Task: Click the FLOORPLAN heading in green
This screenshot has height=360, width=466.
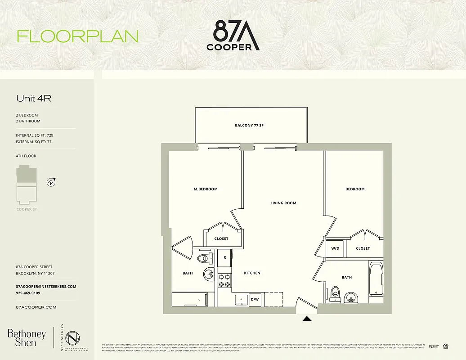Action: (77, 36)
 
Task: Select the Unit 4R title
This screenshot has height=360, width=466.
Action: (34, 98)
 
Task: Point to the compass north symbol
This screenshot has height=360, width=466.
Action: (52, 182)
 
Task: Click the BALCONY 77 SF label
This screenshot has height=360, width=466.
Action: (249, 125)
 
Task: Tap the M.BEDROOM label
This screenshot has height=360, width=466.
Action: (205, 189)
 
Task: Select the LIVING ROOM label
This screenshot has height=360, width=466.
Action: (283, 203)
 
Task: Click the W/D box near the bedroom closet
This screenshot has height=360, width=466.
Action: (335, 248)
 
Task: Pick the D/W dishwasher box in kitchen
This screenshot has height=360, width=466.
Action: (255, 299)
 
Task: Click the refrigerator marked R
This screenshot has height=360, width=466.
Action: (224, 258)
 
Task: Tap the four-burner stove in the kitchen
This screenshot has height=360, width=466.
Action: (224, 280)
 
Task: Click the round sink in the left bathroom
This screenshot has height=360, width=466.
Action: (209, 274)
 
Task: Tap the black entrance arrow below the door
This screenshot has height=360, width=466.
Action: (307, 319)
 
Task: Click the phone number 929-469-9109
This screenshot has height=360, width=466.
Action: (28, 293)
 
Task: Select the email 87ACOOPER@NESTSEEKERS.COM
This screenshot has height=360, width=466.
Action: (45, 287)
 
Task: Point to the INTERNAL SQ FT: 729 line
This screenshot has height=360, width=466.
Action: (37, 135)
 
